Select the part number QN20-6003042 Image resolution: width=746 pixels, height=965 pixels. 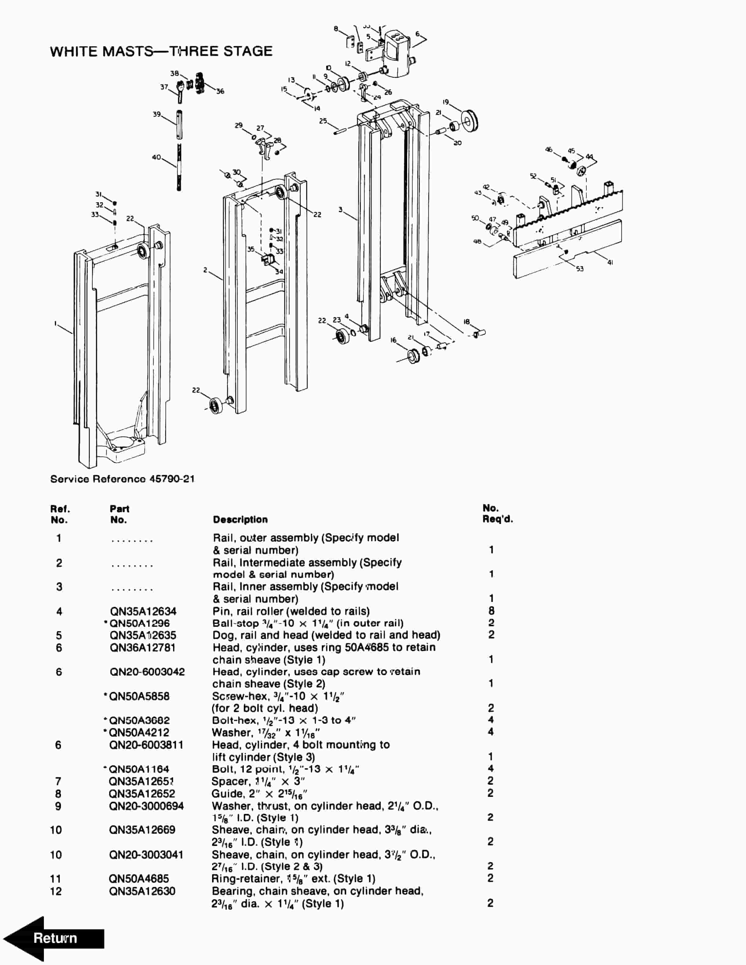147,672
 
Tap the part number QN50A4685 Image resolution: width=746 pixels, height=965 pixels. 139,878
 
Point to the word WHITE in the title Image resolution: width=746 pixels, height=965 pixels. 73,51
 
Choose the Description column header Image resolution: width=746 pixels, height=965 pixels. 240,520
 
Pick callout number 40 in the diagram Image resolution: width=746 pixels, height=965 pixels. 156,157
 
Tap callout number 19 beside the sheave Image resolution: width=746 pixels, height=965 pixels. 446,102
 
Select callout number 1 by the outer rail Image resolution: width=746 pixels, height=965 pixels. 56,323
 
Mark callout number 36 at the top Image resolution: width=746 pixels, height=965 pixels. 220,91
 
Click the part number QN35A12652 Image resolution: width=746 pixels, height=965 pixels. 142,794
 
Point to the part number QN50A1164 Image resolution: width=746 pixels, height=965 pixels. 139,769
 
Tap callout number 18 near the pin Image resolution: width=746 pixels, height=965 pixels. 467,322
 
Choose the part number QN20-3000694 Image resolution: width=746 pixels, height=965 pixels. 146,806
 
